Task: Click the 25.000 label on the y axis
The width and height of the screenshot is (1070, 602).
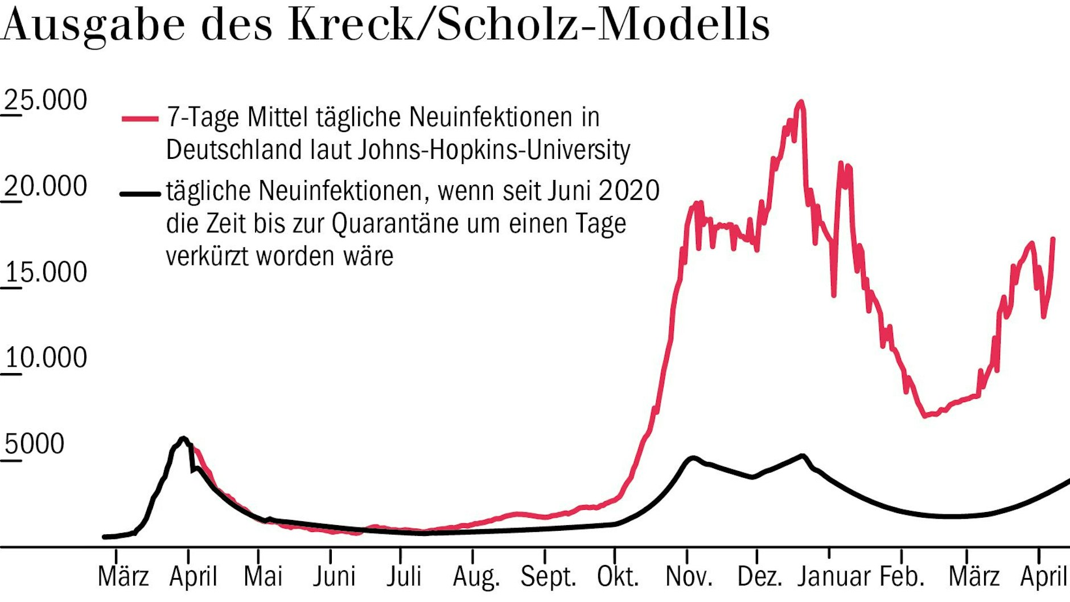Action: pyautogui.click(x=46, y=100)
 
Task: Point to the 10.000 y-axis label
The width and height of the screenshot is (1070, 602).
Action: pyautogui.click(x=46, y=358)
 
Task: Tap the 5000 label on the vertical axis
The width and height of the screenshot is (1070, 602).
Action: pyautogui.click(x=34, y=444)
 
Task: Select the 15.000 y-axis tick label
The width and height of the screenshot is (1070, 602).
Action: pyautogui.click(x=46, y=272)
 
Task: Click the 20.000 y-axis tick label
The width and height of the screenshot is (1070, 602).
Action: pyautogui.click(x=46, y=186)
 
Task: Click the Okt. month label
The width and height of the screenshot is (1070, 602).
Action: pyautogui.click(x=618, y=577)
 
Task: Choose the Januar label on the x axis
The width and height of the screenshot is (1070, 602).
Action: pyautogui.click(x=834, y=577)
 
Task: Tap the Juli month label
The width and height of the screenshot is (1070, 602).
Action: pyautogui.click(x=404, y=577)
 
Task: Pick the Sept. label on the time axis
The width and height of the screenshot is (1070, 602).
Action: pyautogui.click(x=548, y=577)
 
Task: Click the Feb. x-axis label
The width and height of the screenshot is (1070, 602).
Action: pyautogui.click(x=902, y=577)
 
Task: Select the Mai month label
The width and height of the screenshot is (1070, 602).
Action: pyautogui.click(x=262, y=577)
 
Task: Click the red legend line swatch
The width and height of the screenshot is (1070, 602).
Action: pyautogui.click(x=140, y=118)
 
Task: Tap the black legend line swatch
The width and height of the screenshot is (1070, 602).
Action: pyautogui.click(x=140, y=194)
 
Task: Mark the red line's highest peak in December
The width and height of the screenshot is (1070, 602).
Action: pyautogui.click(x=801, y=102)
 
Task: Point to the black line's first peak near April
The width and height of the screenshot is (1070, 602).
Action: pyautogui.click(x=183, y=438)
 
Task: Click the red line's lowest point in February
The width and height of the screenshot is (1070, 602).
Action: pyautogui.click(x=925, y=415)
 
